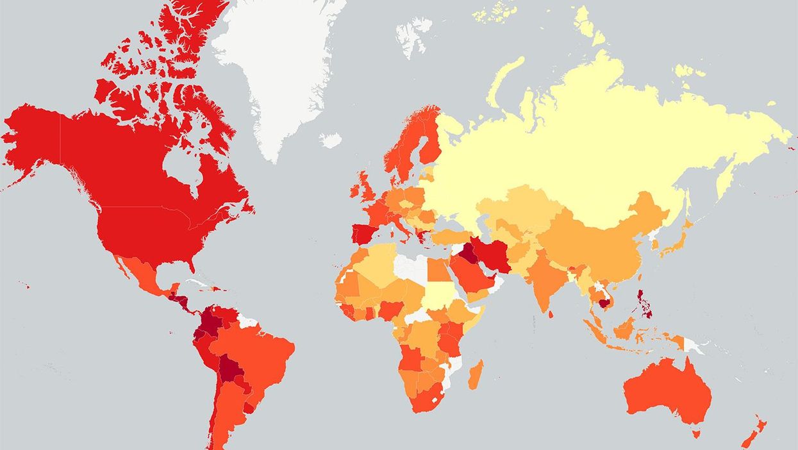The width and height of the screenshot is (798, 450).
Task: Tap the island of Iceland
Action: [x=331, y=140]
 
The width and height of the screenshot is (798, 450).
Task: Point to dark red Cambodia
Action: [x=603, y=303]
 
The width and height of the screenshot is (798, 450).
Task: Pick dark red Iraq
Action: [x=467, y=253]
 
